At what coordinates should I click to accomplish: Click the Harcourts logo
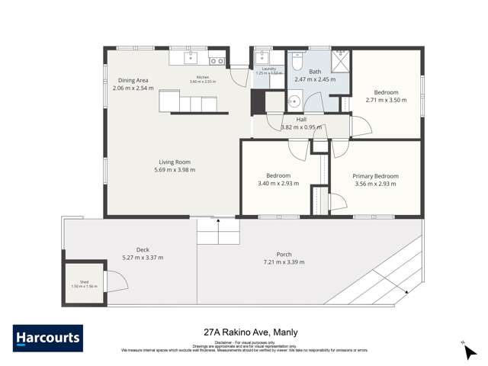pyautogui.click(x=47, y=338)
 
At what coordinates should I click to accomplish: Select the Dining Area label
pyautogui.click(x=133, y=80)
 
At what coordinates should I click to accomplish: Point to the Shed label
pyautogui.click(x=74, y=281)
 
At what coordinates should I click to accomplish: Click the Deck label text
pyautogui.click(x=143, y=249)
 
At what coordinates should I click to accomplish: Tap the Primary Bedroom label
pyautogui.click(x=375, y=176)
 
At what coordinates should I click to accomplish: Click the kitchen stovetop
pyautogui.click(x=216, y=60)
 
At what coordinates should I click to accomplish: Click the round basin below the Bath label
pyautogui.click(x=294, y=98)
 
